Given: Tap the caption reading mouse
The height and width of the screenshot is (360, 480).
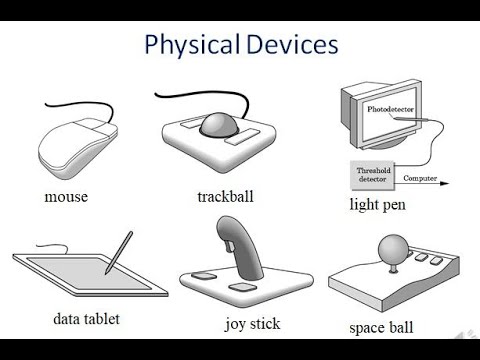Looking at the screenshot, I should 66,196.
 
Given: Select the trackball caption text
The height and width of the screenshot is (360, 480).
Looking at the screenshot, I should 225,195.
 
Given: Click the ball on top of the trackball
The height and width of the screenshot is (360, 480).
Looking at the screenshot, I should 220,125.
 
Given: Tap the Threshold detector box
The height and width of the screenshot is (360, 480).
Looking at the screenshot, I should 374,173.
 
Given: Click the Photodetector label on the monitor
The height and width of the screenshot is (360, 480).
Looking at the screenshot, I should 391,107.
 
